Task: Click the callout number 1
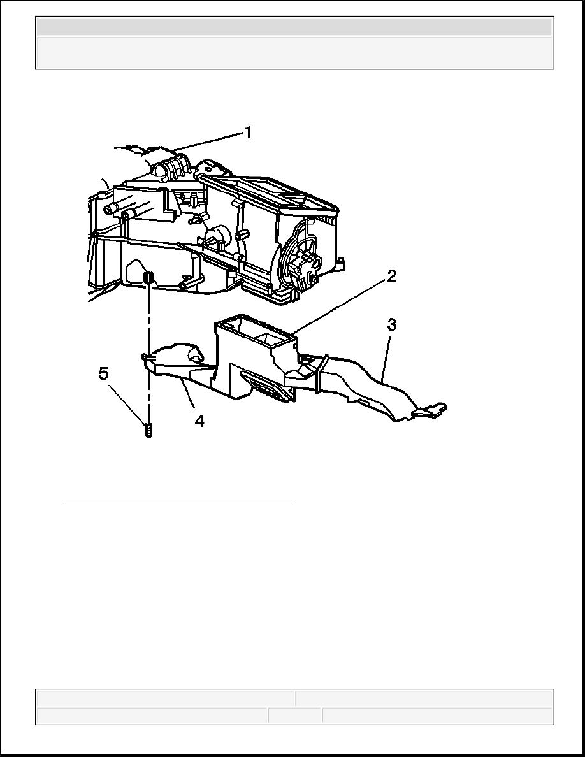pos(248,133)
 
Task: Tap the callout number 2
pos(391,277)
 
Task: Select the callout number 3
pos(392,326)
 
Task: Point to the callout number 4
pos(199,421)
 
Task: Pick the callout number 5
pos(104,373)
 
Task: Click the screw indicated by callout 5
pos(148,429)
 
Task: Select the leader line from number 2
pos(340,307)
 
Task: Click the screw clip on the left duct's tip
pos(148,357)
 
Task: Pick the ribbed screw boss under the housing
pos(148,278)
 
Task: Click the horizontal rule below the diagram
pos(179,500)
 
